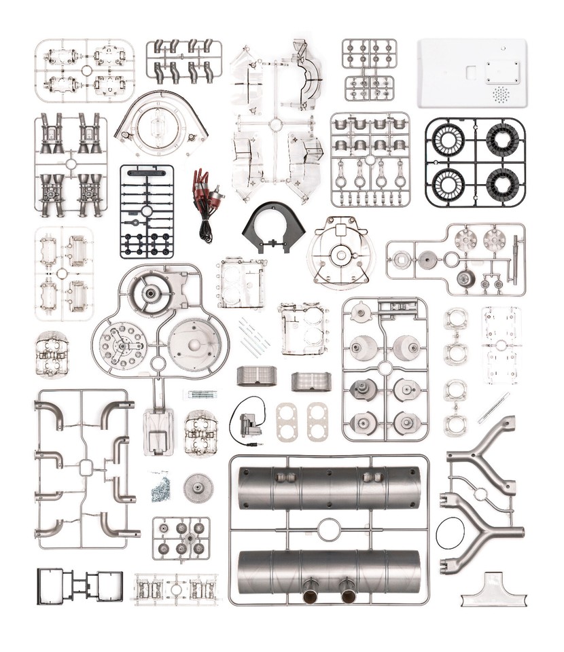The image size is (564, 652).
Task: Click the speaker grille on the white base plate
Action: pos(501,94)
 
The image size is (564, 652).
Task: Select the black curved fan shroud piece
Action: pos(274,228)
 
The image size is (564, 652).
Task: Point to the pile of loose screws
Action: pos(161,488)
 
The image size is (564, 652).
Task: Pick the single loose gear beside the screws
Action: pos(198,487)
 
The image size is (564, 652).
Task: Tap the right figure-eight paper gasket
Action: pos(317,422)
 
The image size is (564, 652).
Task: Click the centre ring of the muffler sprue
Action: pos(329,529)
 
